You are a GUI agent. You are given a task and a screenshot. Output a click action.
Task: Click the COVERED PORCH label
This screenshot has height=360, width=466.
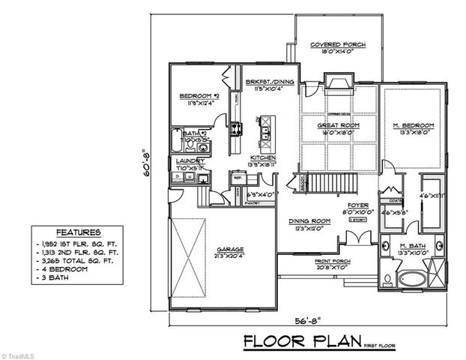[x=337, y=45]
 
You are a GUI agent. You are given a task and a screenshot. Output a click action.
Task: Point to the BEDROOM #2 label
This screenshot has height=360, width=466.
[x=199, y=97]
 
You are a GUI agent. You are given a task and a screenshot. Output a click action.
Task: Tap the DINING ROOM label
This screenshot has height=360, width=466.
[x=308, y=221]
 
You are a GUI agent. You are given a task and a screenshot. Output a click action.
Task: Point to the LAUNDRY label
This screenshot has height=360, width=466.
[x=186, y=160]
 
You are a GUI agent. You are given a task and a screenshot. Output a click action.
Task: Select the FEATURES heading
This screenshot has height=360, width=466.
[x=78, y=232]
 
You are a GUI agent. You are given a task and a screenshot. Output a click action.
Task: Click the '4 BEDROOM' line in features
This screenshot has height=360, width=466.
[x=63, y=269]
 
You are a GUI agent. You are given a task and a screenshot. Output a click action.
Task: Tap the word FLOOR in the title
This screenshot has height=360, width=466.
[x=273, y=342]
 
